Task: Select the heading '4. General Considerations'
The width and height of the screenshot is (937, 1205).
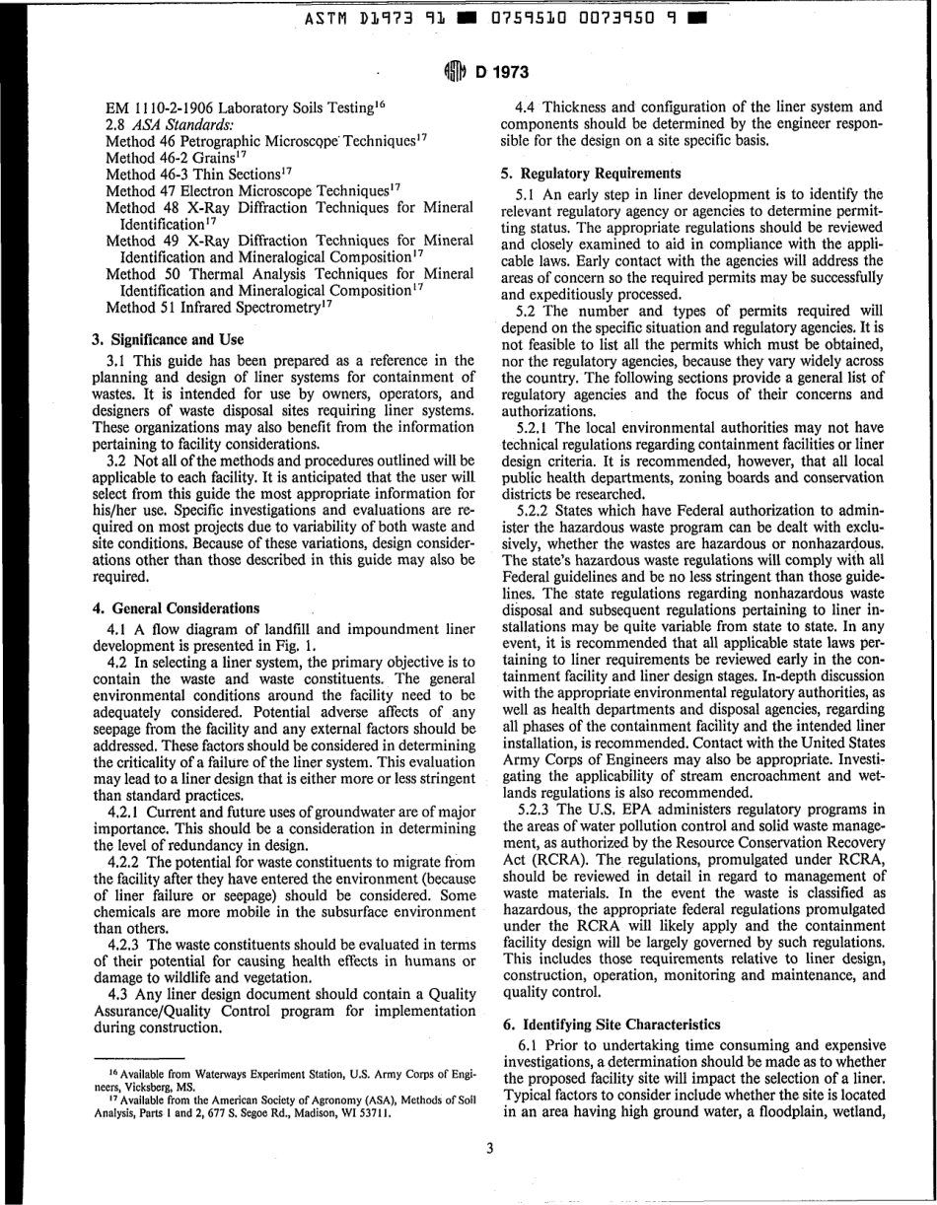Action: pyautogui.click(x=176, y=607)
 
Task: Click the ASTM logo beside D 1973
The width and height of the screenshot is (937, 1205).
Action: pyautogui.click(x=453, y=71)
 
